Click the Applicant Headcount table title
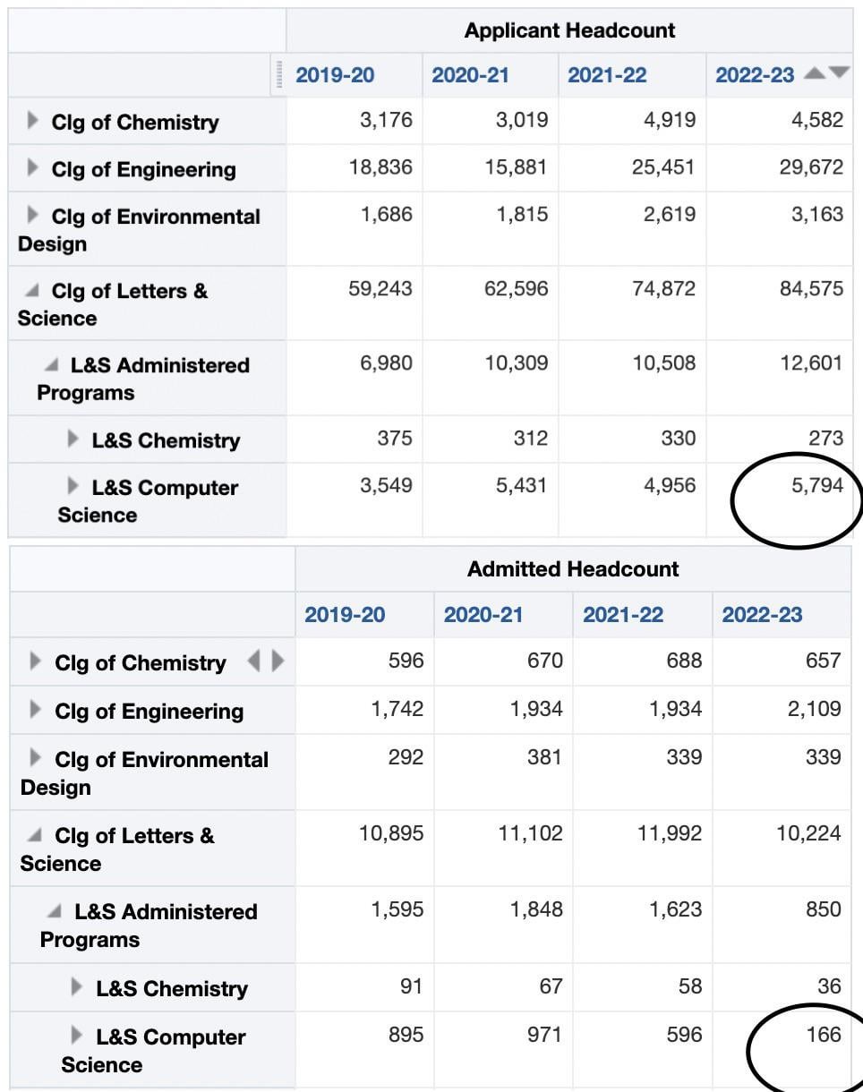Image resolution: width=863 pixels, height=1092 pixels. pyautogui.click(x=569, y=30)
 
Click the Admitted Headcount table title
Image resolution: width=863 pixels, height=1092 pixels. pyautogui.click(x=573, y=569)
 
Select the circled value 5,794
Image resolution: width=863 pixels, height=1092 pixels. pyautogui.click(x=817, y=486)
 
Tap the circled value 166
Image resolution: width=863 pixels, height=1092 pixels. pyautogui.click(x=823, y=1036)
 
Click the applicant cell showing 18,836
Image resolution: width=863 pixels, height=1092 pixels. pyautogui.click(x=380, y=167)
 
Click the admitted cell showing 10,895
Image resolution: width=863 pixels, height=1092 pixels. pyautogui.click(x=391, y=834)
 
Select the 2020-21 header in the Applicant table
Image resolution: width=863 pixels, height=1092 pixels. pyautogui.click(x=470, y=75)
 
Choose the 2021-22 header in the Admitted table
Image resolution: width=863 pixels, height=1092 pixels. pyautogui.click(x=623, y=615)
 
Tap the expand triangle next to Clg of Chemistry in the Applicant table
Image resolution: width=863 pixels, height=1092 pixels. pyautogui.click(x=33, y=121)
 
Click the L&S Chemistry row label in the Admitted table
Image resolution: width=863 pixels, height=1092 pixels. pyautogui.click(x=171, y=989)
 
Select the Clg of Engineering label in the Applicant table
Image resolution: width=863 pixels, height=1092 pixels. pyautogui.click(x=143, y=170)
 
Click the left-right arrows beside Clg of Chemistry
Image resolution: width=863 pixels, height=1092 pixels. pyautogui.click(x=265, y=661)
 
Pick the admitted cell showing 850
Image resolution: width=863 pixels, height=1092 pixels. pyautogui.click(x=823, y=909)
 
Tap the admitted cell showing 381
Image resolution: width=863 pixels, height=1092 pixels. pyautogui.click(x=544, y=757)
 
